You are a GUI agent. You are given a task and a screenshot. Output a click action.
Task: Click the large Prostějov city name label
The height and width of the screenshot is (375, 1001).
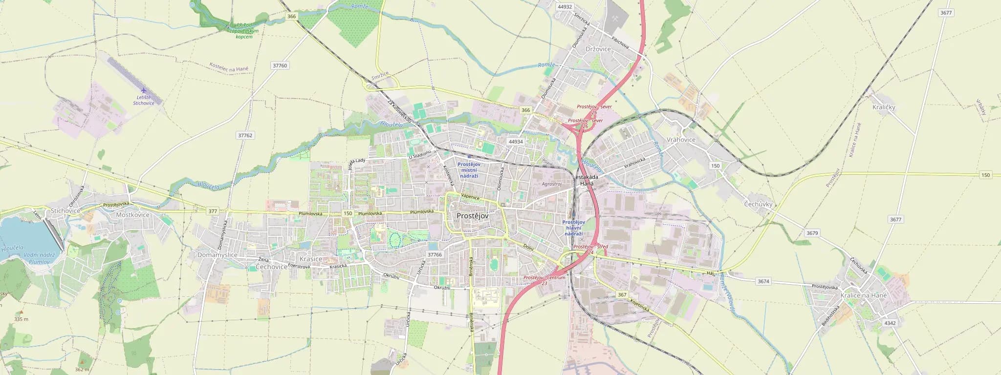pos(472,215)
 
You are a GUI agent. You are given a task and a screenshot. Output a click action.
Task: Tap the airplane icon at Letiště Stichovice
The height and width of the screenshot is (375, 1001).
pos(143,90)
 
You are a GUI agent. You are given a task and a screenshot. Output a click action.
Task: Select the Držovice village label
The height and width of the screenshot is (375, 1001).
pos(598,49)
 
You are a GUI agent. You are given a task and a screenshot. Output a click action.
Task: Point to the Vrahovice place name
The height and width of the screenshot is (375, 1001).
pos(680,140)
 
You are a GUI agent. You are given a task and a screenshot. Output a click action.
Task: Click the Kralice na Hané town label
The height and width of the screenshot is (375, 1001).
pos(863,295)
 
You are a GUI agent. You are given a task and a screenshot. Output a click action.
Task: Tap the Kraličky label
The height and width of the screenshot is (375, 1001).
pos(884,107)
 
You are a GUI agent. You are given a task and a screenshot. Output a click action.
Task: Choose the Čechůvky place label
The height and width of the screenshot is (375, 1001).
pos(758,204)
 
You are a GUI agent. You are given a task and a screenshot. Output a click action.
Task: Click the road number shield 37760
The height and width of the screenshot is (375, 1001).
pos(280,65)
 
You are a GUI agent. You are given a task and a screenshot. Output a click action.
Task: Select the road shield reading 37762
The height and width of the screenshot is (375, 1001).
pos(245,135)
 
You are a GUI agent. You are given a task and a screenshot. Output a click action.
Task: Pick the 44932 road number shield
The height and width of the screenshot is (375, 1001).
pos(565,7)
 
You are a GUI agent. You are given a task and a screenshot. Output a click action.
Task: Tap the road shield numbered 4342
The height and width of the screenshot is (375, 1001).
pos(890,323)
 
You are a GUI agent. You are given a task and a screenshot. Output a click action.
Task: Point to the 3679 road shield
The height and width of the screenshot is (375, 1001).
pos(812,233)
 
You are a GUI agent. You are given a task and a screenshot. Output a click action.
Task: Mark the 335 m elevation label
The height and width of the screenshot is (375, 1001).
pos(21,319)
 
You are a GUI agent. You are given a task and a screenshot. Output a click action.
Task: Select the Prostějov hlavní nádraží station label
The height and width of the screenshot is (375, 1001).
pos(573,228)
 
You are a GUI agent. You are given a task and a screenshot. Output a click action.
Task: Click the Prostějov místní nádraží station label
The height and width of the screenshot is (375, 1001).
pos(469,170)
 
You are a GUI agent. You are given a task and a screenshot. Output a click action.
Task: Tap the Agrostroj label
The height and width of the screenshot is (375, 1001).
pos(552,184)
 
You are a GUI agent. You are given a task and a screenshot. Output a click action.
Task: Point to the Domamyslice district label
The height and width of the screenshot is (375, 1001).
pos(217,255)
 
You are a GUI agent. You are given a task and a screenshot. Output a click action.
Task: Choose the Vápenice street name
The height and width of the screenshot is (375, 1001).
pos(470,197)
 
